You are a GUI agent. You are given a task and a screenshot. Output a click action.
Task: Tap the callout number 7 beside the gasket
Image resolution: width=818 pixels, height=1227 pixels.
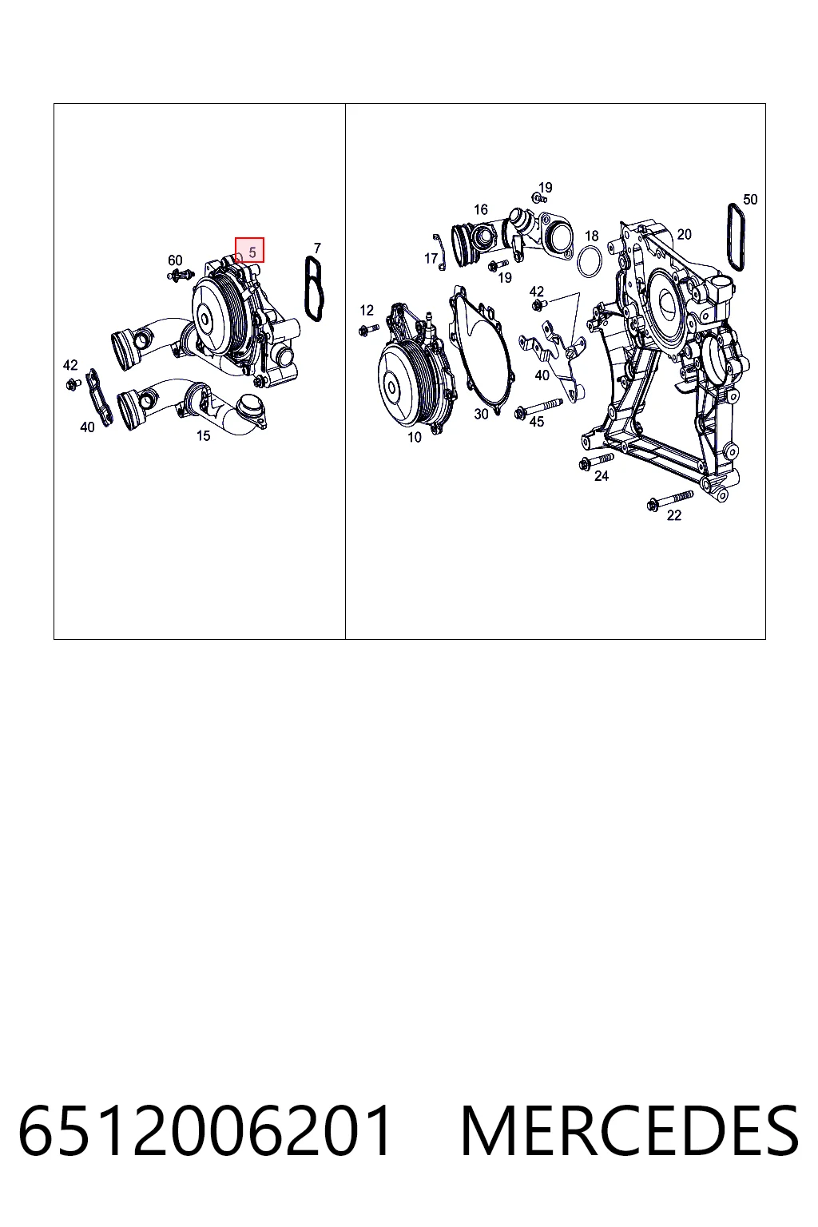coord(316,248)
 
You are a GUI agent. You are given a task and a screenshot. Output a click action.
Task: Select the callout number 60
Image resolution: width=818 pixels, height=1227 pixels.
coord(175,260)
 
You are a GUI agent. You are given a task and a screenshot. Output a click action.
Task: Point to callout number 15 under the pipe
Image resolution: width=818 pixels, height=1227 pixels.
coord(203,435)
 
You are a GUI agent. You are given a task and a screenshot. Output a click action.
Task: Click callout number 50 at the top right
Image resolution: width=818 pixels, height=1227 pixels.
coord(750,200)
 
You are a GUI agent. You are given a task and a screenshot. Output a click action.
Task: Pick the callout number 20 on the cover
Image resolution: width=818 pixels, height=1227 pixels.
coord(684,234)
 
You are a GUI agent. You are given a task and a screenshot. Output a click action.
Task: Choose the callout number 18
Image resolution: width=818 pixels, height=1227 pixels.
coord(591,236)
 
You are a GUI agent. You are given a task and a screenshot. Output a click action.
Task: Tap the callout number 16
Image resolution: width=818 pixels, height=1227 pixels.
coord(481,210)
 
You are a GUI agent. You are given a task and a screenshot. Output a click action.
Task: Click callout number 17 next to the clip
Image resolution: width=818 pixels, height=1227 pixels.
coord(431,259)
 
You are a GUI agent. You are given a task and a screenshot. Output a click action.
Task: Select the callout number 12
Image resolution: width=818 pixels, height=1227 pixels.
coord(367,310)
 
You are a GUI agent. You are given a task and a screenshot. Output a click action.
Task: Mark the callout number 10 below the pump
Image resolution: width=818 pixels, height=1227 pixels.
coord(415,437)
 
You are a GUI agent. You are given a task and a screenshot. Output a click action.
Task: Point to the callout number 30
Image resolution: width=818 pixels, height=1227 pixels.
coord(481,414)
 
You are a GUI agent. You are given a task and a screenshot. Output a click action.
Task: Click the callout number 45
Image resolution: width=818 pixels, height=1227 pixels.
coord(536,421)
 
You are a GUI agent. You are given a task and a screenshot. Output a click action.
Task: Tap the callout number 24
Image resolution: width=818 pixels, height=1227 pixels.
coord(601,476)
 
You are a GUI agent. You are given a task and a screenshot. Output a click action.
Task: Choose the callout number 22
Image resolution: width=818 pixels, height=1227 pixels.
coord(674,515)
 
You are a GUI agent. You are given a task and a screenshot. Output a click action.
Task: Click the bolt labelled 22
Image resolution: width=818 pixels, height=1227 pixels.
coord(670,500)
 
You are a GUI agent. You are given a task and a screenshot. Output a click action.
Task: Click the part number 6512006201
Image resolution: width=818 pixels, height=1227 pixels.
coord(205,1130)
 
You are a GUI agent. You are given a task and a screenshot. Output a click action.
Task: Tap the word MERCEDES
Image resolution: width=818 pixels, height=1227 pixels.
coord(629,1130)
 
